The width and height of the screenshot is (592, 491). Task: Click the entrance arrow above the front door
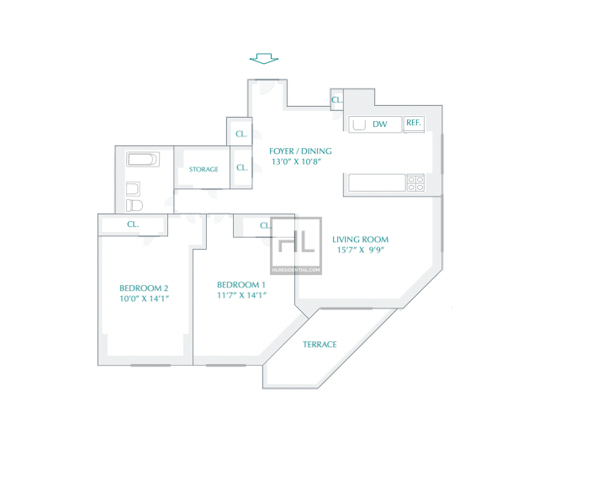264,59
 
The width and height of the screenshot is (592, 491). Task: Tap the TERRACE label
320,345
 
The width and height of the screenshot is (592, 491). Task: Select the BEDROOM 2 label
144,288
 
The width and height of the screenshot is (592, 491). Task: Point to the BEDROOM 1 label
241,285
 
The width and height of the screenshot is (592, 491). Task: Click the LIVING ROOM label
360,240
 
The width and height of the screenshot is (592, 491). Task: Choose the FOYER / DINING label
300,151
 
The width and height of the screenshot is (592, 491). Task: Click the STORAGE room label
203,170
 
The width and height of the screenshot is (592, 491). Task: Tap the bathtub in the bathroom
143,159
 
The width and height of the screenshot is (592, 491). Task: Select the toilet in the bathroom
134,206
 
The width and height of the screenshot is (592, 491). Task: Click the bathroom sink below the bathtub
133,188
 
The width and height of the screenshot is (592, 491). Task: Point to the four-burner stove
415,183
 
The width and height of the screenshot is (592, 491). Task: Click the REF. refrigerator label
414,123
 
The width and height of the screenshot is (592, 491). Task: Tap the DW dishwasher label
380,124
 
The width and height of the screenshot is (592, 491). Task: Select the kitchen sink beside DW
359,124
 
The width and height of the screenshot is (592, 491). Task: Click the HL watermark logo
296,245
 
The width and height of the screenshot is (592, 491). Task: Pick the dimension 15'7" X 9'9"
360,250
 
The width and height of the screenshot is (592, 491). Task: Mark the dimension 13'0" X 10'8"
296,162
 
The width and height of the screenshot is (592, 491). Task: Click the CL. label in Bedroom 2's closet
133,224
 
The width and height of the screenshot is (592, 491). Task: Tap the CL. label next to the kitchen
336,100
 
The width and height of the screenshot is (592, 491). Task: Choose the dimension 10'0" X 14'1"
144,298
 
